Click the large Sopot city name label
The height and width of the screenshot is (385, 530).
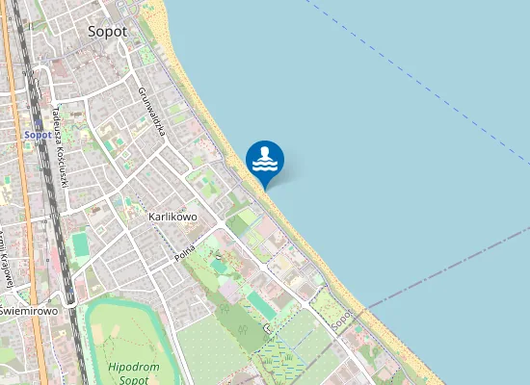click(x=107, y=31)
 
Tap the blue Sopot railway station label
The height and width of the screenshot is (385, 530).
click(x=38, y=135)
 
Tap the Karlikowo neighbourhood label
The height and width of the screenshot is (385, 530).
click(x=173, y=217)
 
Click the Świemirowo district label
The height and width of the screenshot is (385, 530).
click(x=28, y=311)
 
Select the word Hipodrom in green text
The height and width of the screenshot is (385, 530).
click(x=127, y=367)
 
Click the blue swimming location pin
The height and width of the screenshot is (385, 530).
click(x=265, y=160)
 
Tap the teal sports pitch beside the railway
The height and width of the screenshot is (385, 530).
click(x=80, y=245)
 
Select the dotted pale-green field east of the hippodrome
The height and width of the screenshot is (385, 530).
click(x=207, y=346)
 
